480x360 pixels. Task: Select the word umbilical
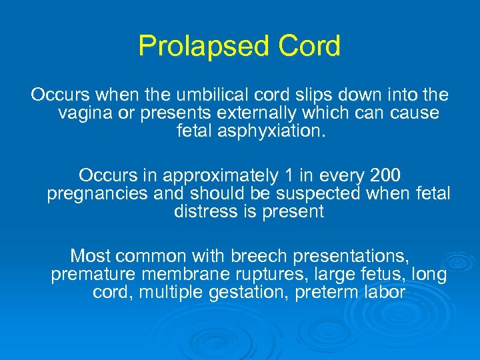coord(227,95)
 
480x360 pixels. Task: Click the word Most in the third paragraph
coord(91,256)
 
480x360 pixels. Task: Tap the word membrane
coord(183,274)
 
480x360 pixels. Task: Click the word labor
coord(385,292)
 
